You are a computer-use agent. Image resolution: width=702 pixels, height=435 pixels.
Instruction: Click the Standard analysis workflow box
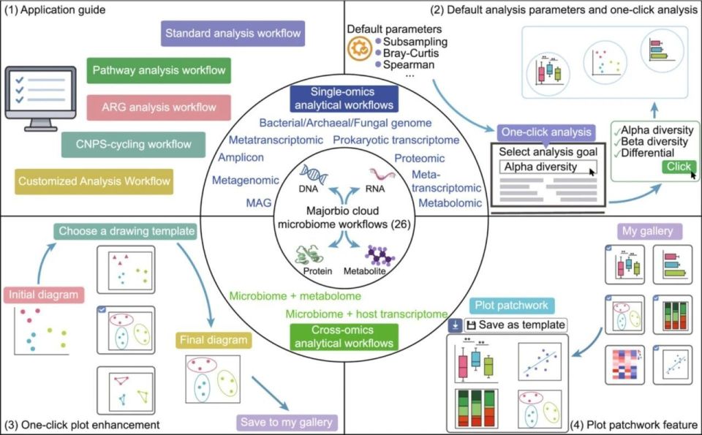tap(233, 34)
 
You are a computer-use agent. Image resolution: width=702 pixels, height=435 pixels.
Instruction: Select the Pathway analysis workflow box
tap(159, 71)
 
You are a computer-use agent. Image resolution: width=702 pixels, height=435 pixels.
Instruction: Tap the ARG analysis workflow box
tap(159, 107)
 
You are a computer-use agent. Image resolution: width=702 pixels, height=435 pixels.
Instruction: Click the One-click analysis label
tap(546, 132)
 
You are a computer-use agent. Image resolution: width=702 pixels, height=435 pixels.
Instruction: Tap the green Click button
tap(678, 167)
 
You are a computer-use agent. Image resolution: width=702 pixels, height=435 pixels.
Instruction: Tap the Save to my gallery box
tap(287, 422)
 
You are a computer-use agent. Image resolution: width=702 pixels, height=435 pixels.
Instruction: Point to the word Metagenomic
tap(246, 180)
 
